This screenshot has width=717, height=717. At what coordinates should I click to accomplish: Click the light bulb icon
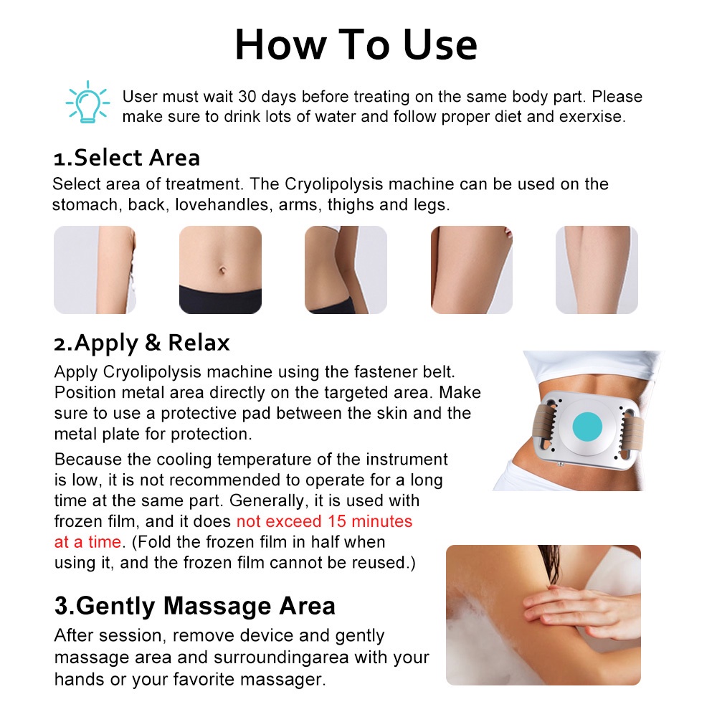[87, 103]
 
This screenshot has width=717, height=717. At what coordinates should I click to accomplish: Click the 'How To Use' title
[356, 44]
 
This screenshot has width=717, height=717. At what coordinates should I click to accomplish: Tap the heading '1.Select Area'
[127, 158]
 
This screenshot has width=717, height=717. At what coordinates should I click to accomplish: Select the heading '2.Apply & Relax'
[142, 343]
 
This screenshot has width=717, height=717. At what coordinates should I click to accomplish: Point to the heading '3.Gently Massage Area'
[195, 606]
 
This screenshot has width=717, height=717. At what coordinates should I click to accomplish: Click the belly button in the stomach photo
[223, 270]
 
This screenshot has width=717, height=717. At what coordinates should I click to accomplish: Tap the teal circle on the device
[587, 426]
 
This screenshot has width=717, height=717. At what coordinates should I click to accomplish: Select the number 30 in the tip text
[247, 97]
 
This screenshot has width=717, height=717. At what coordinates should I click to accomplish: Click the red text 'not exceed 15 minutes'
[324, 521]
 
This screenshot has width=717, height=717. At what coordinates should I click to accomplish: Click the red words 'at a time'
[87, 542]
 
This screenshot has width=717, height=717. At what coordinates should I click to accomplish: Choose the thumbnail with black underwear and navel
[220, 270]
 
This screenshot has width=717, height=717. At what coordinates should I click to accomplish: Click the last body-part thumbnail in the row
[597, 270]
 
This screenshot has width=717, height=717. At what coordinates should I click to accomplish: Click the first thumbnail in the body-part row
[95, 270]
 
